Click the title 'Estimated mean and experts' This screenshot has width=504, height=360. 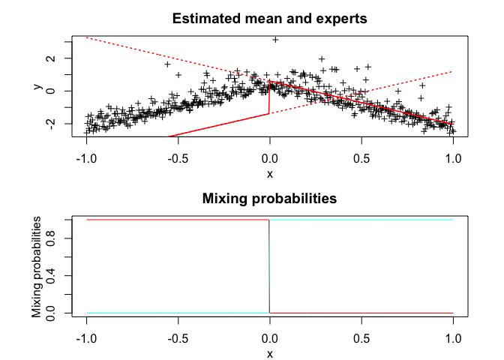click(x=269, y=19)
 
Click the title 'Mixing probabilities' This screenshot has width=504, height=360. click(x=269, y=199)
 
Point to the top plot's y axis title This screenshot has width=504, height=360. click(x=37, y=86)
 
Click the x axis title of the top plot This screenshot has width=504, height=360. click(x=269, y=174)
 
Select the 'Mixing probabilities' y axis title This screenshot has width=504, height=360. click(x=37, y=266)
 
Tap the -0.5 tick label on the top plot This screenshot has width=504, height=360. click(x=178, y=158)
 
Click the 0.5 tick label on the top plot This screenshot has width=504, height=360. click(x=361, y=158)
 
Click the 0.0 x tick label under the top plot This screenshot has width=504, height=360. click(x=269, y=158)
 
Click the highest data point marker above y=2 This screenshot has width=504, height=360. click(x=275, y=40)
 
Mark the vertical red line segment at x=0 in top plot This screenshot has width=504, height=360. click(x=269, y=98)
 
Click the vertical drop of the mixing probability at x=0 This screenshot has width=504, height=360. click(x=269, y=266)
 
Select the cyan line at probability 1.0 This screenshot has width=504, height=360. click(x=360, y=220)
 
